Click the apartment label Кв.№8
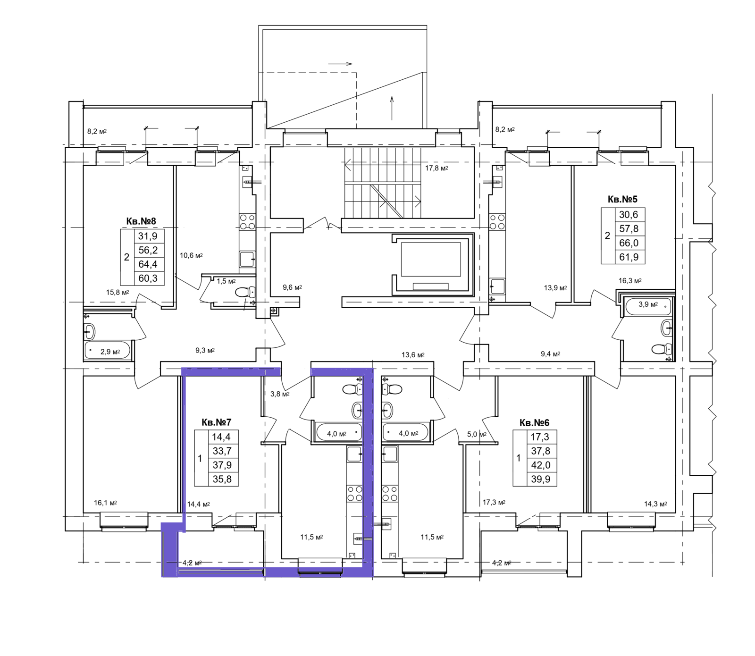click(141, 221)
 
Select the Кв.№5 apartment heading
click(622, 199)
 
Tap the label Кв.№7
click(216, 422)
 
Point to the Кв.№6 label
click(534, 422)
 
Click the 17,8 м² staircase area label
click(436, 168)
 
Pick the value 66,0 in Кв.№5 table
click(629, 243)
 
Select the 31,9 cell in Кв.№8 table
click(148, 236)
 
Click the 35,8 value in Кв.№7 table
click(222, 479)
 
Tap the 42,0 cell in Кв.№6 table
click(540, 465)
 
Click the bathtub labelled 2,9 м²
click(108, 351)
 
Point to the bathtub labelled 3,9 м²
click(647, 306)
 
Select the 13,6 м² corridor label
click(413, 354)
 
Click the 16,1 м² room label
click(105, 503)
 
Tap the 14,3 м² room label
click(655, 504)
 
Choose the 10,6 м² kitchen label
click(191, 255)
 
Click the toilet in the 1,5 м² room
click(244, 292)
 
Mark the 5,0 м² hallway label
click(477, 434)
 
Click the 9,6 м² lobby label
click(292, 287)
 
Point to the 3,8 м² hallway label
click(280, 394)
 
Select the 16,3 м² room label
click(630, 280)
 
